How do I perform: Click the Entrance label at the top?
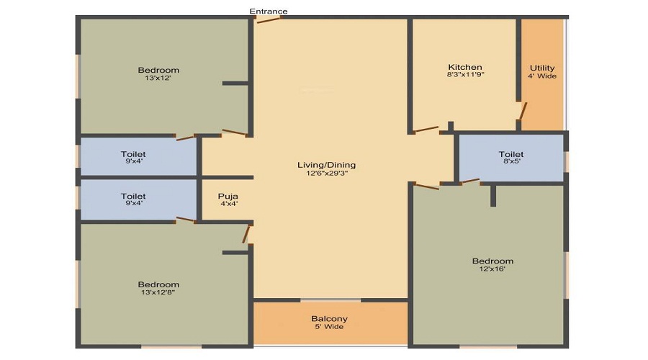[269, 11]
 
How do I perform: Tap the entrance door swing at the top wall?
[269, 19]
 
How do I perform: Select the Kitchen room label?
[464, 67]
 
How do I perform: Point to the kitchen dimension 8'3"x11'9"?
[464, 76]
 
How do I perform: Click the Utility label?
[541, 67]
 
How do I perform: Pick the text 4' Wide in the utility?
[541, 76]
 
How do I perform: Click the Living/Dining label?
[326, 165]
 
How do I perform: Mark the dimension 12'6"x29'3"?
[326, 174]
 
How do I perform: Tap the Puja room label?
[228, 196]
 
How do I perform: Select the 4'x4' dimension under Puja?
[228, 204]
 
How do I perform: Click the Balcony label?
[329, 318]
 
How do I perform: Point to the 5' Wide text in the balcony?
[329, 327]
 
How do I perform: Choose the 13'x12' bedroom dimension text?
[158, 78]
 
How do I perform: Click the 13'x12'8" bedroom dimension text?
[158, 293]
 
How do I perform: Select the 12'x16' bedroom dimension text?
[492, 269]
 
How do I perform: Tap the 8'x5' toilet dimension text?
[511, 163]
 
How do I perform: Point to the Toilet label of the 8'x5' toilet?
[511, 154]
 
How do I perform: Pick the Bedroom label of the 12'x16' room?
[492, 261]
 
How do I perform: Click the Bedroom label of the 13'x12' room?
[158, 70]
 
